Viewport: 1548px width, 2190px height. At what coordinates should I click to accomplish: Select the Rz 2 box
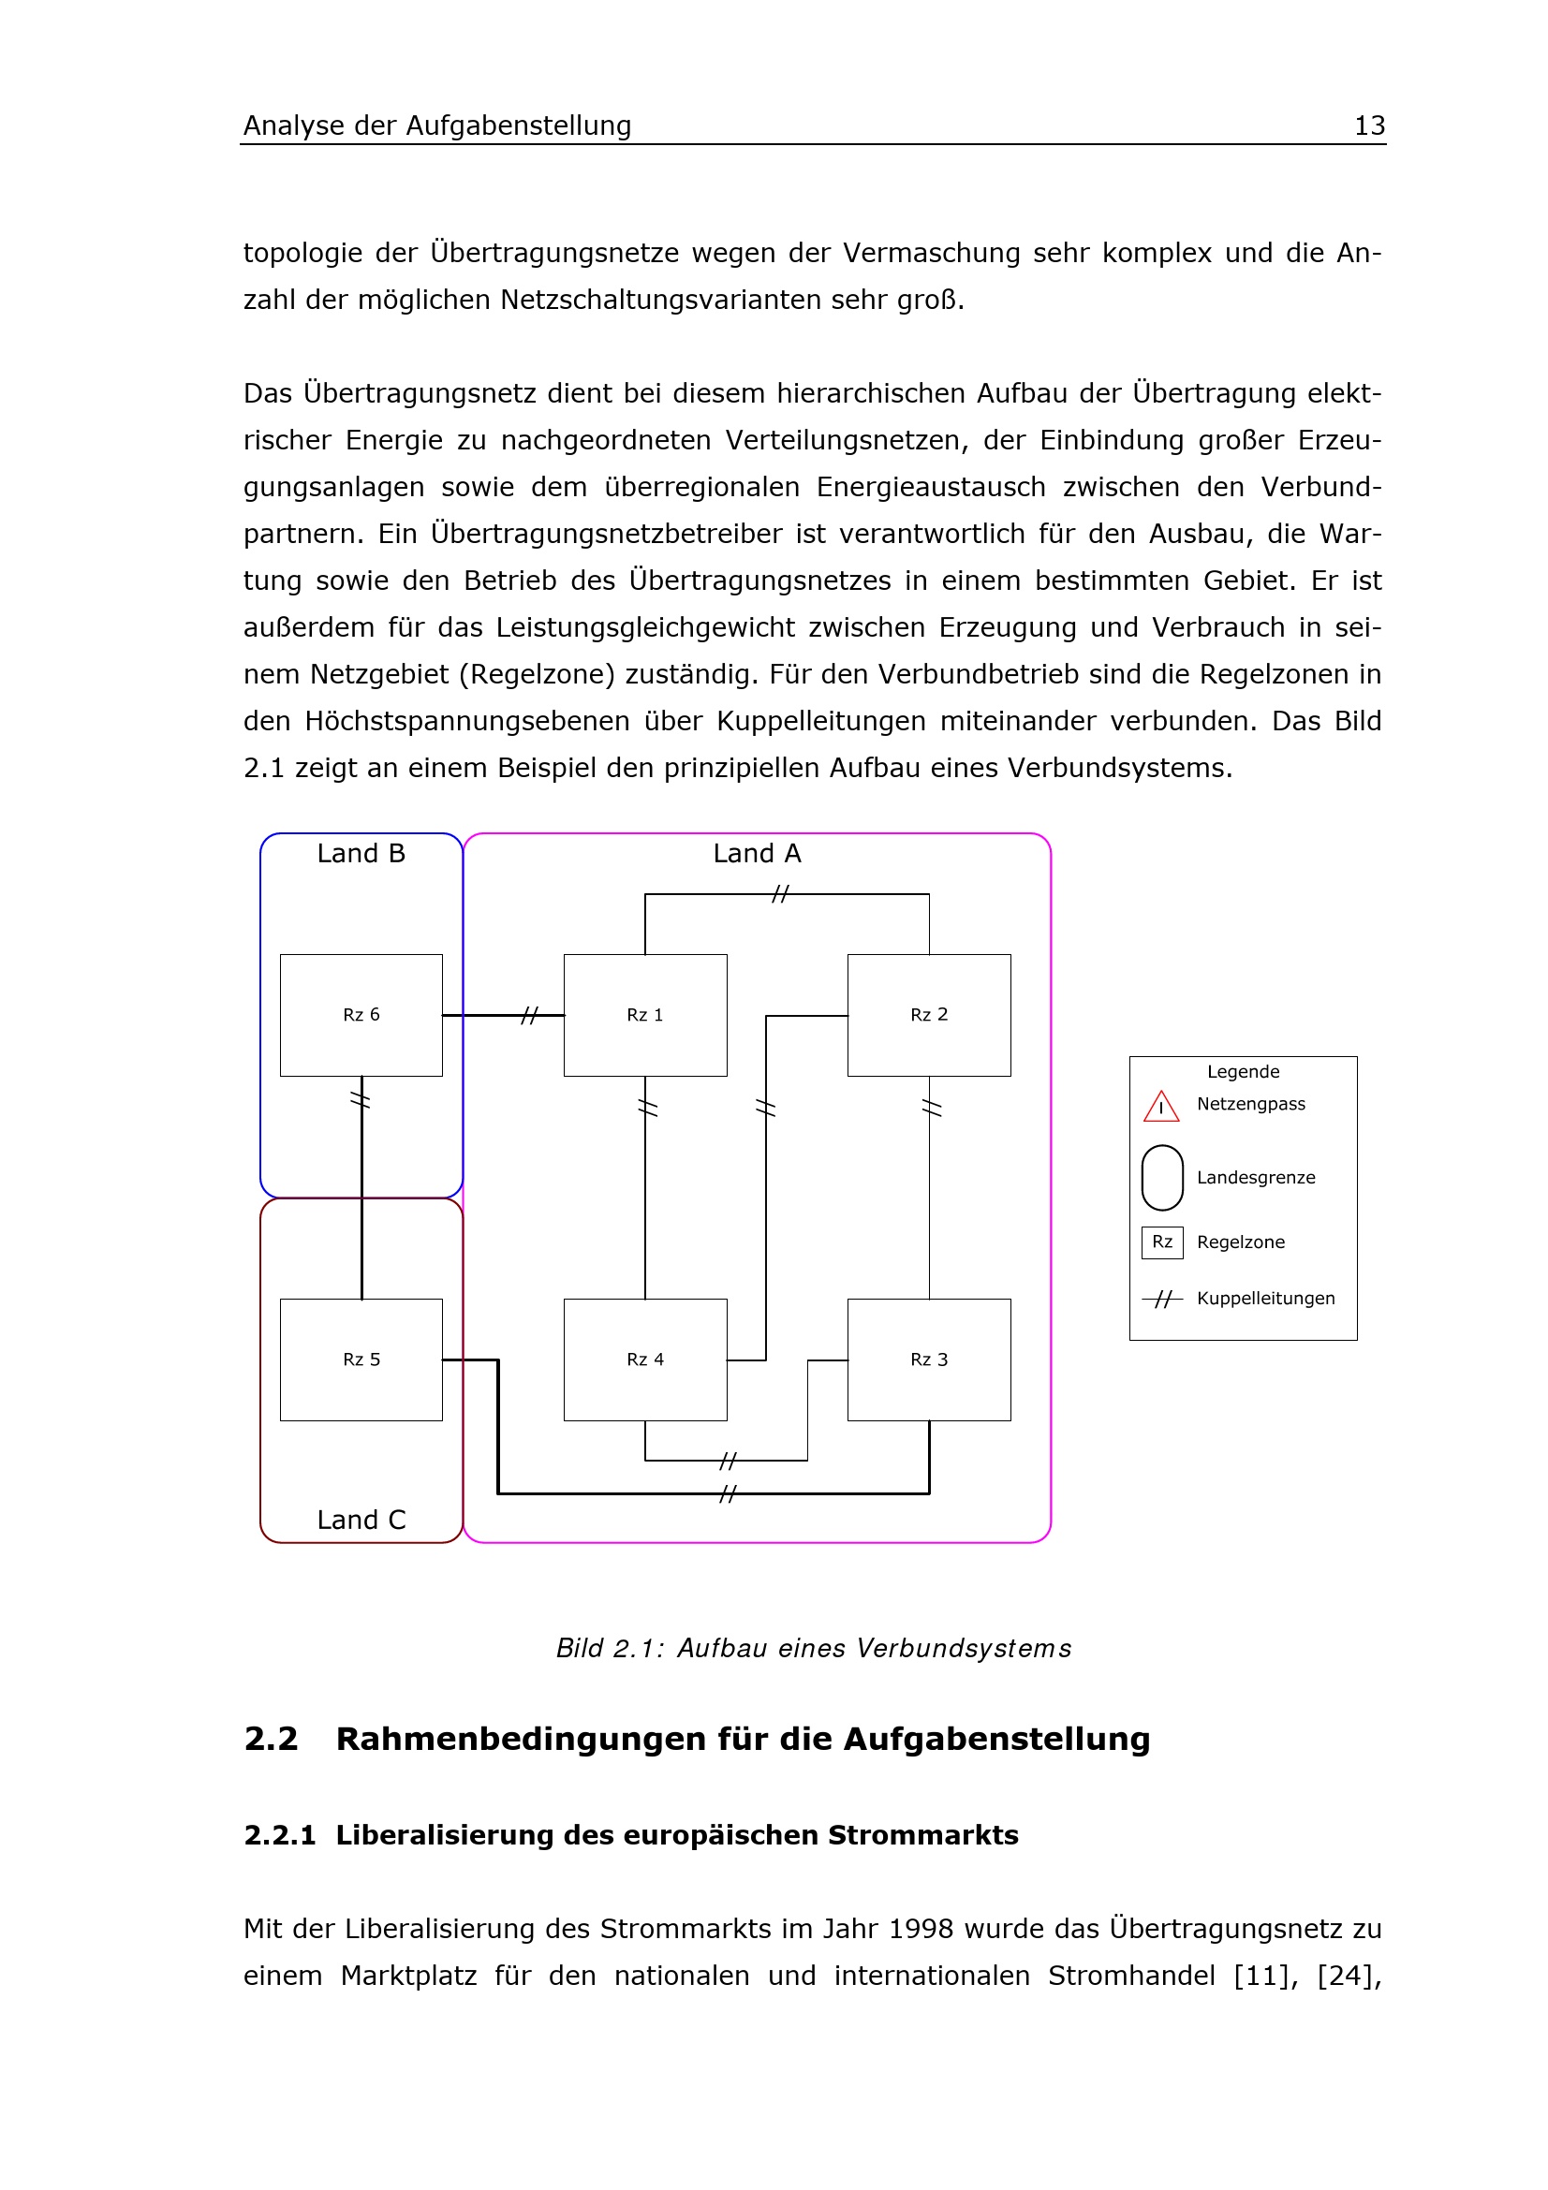[x=929, y=1015]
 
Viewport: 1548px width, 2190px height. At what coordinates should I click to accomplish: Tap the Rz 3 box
[x=929, y=1360]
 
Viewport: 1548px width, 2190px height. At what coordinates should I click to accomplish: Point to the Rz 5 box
[x=361, y=1360]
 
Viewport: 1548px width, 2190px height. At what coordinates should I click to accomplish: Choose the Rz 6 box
[x=361, y=1015]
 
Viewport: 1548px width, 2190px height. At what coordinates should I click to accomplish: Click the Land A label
[x=757, y=854]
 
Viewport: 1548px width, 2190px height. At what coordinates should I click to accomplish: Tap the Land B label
[x=361, y=854]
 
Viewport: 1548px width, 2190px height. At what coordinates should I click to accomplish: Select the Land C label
[x=361, y=1520]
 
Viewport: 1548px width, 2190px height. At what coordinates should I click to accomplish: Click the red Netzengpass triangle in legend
[x=1160, y=1107]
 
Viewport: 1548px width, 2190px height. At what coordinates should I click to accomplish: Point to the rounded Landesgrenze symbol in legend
[x=1162, y=1177]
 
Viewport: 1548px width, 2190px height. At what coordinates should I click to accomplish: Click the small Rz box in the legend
[x=1162, y=1242]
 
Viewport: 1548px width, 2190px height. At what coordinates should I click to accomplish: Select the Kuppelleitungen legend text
[x=1265, y=1298]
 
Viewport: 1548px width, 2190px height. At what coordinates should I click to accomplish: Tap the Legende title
[x=1243, y=1071]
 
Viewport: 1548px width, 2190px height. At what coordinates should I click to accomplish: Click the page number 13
[x=1369, y=125]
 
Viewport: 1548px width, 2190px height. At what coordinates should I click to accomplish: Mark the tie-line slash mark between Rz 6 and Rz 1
[x=529, y=1016]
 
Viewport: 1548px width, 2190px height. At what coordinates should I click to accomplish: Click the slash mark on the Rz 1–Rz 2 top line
[x=780, y=894]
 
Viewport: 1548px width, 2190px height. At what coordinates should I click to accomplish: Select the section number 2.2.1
[x=279, y=1835]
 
